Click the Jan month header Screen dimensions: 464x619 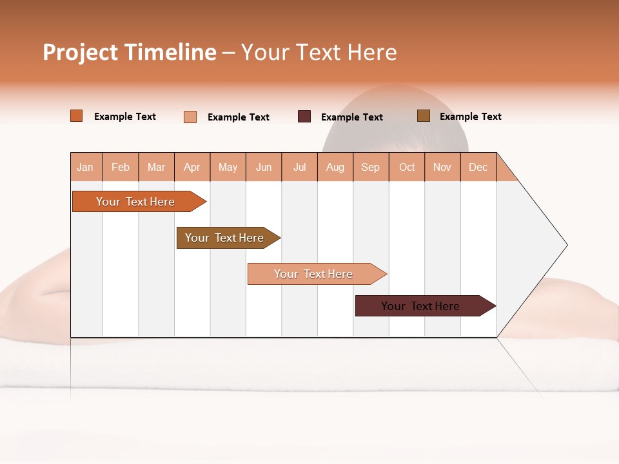pyautogui.click(x=86, y=167)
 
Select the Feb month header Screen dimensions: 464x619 pyautogui.click(x=121, y=167)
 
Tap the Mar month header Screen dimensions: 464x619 pyautogui.click(x=156, y=167)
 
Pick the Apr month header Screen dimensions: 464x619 pyautogui.click(x=192, y=167)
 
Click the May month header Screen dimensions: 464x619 pyautogui.click(x=228, y=167)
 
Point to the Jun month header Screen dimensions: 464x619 pyautogui.click(x=264, y=167)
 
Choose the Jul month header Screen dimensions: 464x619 pyautogui.click(x=299, y=167)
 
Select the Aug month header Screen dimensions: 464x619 pyautogui.click(x=335, y=167)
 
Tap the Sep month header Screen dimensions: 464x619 pyautogui.click(x=371, y=167)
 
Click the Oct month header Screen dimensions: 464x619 pyautogui.click(x=407, y=167)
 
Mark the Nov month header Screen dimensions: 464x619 pyautogui.click(x=442, y=167)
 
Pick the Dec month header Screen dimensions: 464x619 pyautogui.click(x=478, y=167)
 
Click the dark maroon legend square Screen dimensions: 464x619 pyautogui.click(x=304, y=117)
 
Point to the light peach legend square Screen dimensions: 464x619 pyautogui.click(x=190, y=117)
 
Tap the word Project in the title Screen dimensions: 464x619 pyautogui.click(x=80, y=52)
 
